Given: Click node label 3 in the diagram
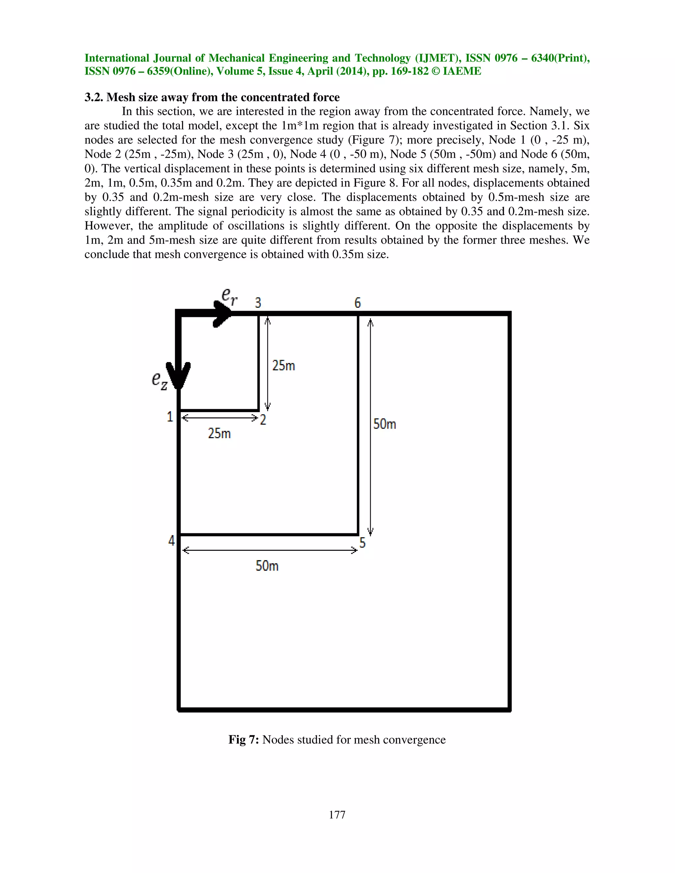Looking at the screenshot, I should pyautogui.click(x=258, y=303).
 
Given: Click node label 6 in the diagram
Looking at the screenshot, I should pyautogui.click(x=358, y=303).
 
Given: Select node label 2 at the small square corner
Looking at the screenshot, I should pyautogui.click(x=263, y=420).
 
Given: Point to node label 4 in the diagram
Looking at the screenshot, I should pyautogui.click(x=171, y=541).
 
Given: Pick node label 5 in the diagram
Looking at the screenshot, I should pyautogui.click(x=362, y=543).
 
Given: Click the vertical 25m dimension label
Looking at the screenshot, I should pyautogui.click(x=283, y=365).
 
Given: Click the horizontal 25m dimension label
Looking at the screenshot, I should pyautogui.click(x=219, y=433).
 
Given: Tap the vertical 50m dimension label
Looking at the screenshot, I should pyautogui.click(x=385, y=424).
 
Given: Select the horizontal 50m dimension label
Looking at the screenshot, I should pyautogui.click(x=267, y=566).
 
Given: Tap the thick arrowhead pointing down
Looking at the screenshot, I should pyautogui.click(x=178, y=375).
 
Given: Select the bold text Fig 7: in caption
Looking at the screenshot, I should pyautogui.click(x=244, y=740).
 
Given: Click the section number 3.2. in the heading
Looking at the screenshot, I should pyautogui.click(x=94, y=97).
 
